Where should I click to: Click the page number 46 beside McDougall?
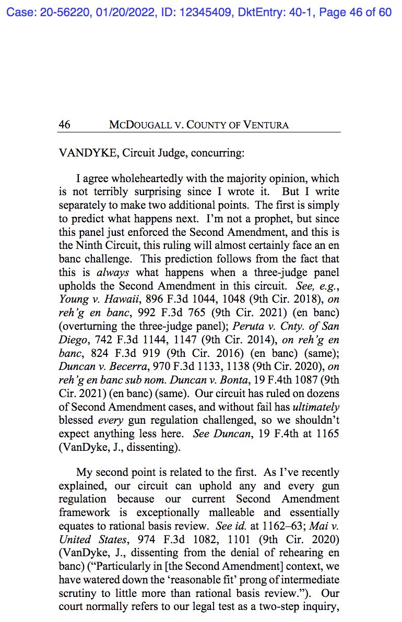64,125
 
